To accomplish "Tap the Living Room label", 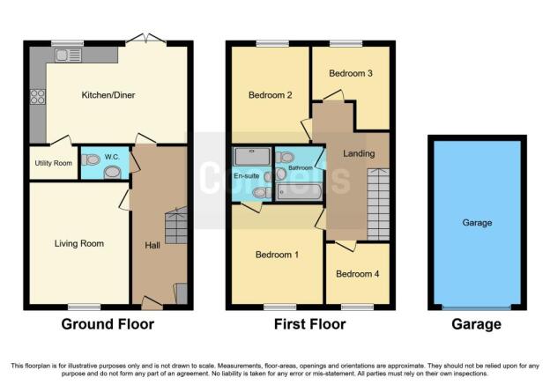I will (79, 244).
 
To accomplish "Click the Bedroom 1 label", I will (277, 255).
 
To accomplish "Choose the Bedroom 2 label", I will (270, 95).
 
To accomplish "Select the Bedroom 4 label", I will (358, 273).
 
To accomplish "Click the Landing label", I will (360, 154).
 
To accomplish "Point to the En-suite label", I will (246, 176).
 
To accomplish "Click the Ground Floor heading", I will (108, 324).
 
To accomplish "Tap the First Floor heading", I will (308, 324).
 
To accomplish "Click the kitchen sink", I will (68, 55).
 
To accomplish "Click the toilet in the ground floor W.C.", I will (112, 173).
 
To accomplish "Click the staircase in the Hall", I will (176, 226).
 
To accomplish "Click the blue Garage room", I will (477, 223).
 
